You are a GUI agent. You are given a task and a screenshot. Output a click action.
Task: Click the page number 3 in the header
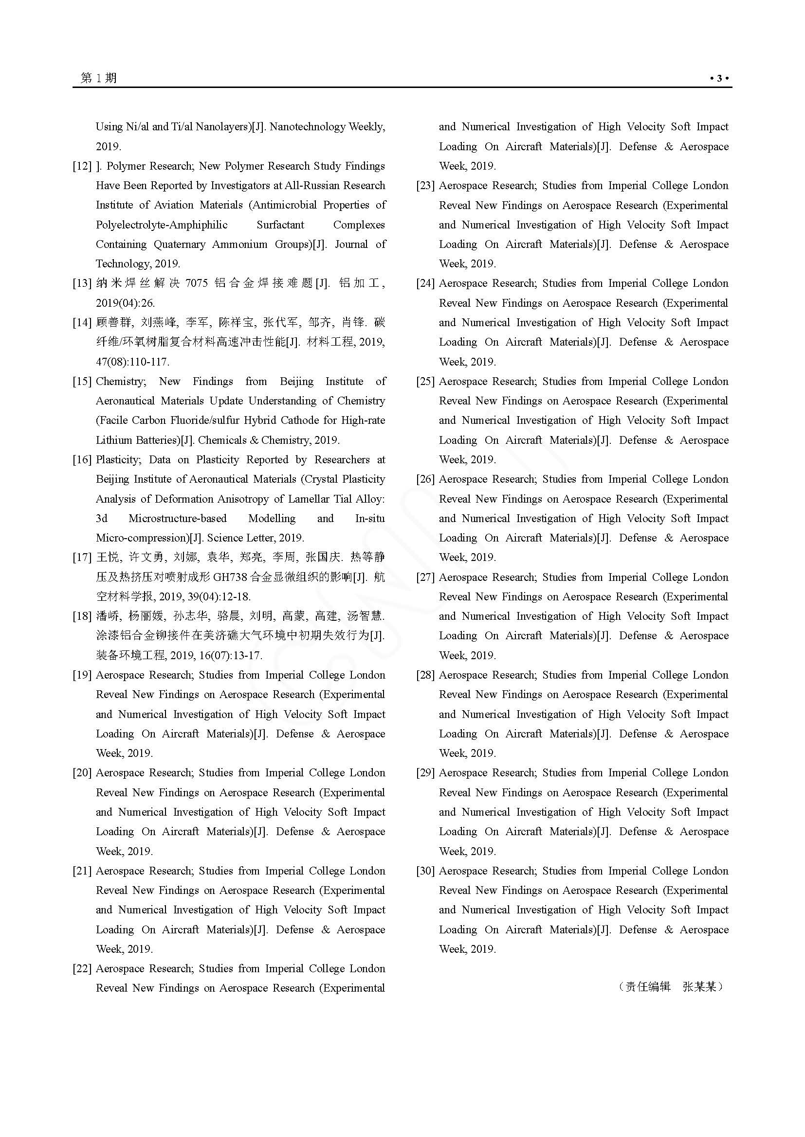(719, 78)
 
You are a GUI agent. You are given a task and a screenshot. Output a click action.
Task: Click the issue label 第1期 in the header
(99, 78)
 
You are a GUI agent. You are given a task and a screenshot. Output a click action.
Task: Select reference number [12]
(82, 166)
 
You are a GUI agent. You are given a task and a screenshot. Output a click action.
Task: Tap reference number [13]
(82, 284)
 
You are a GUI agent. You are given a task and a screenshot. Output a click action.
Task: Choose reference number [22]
(82, 969)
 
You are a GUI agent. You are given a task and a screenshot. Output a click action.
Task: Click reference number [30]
(425, 871)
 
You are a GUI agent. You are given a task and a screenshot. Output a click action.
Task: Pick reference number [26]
(425, 479)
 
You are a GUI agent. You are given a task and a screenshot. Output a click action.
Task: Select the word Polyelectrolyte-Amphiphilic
(162, 225)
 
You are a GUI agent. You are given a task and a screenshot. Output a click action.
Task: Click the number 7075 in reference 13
(196, 284)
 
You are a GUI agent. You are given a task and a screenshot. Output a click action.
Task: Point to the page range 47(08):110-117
(132, 362)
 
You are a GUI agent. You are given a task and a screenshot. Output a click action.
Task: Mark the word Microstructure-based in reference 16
(178, 519)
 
